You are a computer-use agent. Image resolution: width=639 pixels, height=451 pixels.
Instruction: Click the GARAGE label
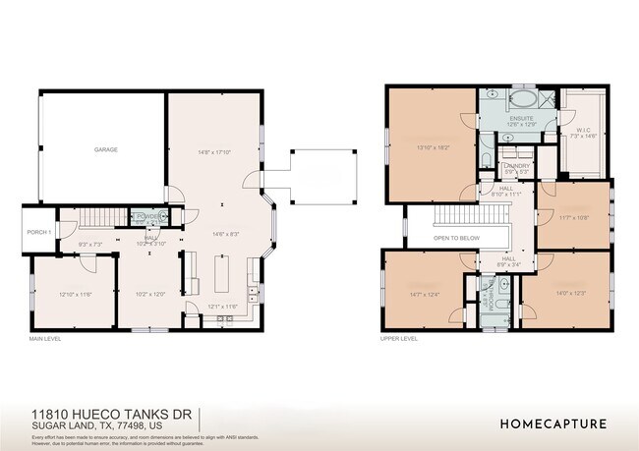click(x=106, y=149)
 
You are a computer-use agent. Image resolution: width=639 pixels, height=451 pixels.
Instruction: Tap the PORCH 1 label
click(x=38, y=232)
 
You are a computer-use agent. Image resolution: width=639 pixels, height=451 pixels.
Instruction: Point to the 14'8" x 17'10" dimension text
click(x=213, y=152)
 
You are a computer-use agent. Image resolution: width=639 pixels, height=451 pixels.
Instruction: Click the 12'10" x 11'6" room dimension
click(x=75, y=295)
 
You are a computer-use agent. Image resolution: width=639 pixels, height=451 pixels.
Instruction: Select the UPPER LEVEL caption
click(x=399, y=338)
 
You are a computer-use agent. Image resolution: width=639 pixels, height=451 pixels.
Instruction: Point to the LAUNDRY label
click(x=517, y=167)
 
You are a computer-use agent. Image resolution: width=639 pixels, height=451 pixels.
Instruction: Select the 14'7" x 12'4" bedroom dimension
click(x=426, y=294)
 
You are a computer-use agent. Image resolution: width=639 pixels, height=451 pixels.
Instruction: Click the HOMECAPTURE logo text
click(x=552, y=424)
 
